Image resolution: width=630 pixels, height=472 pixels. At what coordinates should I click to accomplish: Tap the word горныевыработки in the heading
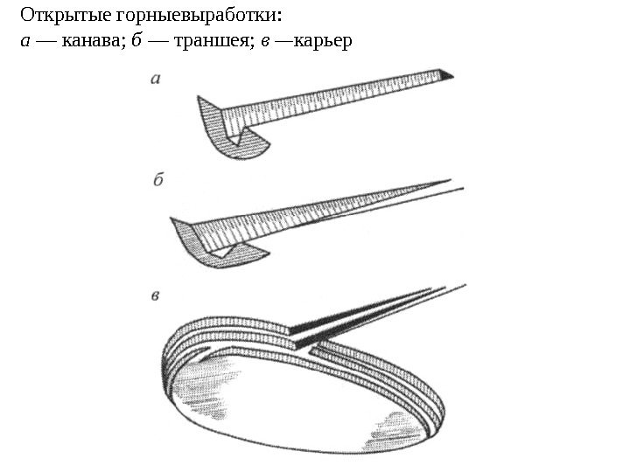point(200,17)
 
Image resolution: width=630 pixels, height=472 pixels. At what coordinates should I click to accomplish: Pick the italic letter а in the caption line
point(25,42)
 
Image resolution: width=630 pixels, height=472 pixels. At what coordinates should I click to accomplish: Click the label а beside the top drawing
point(156,79)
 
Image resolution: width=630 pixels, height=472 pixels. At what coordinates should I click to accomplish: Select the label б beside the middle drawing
point(158,180)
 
